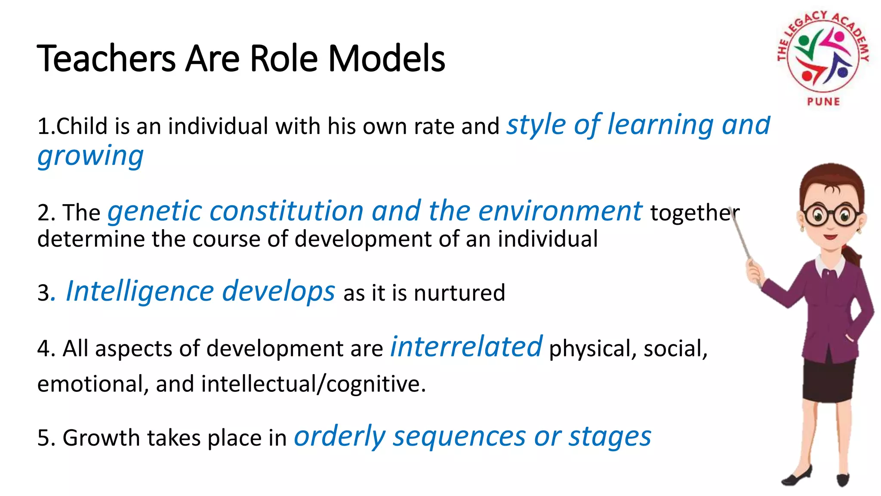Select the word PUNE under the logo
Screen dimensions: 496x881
click(823, 102)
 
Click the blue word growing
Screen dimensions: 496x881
click(90, 156)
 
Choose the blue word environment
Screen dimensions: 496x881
click(560, 211)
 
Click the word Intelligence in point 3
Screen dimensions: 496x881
click(139, 291)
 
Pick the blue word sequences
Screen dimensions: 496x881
click(459, 437)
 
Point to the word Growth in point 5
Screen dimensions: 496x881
click(101, 438)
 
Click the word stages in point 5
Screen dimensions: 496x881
click(610, 437)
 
